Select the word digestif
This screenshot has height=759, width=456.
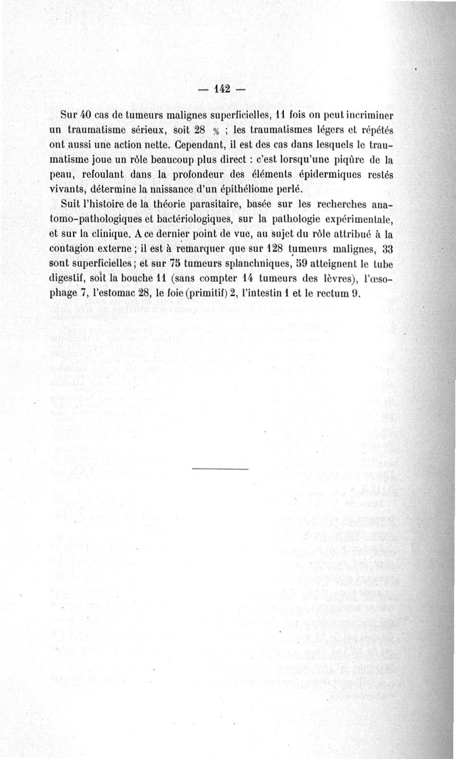(71, 279)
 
